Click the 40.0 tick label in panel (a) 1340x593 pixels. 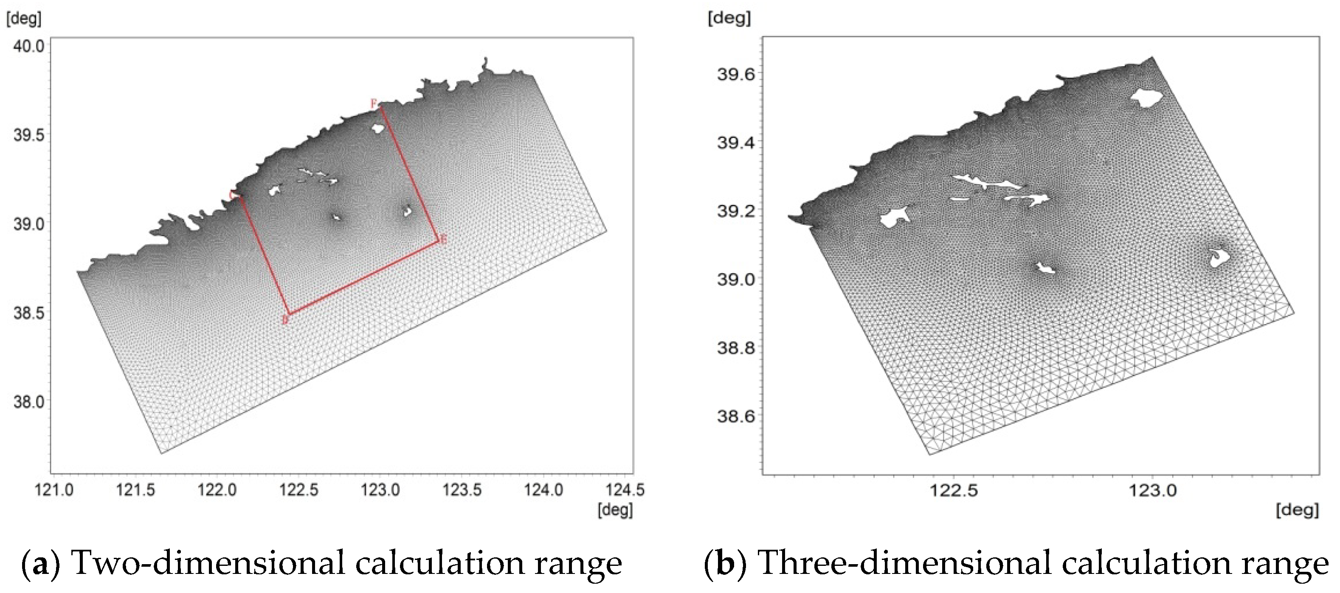28,46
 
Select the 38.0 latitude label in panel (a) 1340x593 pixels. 28,401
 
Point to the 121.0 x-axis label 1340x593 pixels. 53,490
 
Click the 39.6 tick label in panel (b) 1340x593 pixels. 735,74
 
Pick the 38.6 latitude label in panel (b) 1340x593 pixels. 735,416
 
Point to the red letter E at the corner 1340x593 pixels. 443,240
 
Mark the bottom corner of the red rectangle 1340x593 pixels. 289,314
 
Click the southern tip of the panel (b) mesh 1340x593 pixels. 929,455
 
